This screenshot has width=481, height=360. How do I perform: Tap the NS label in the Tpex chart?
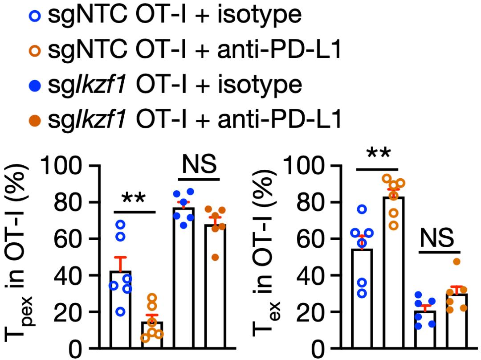(x=199, y=164)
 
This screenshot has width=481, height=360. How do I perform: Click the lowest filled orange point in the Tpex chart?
(x=216, y=257)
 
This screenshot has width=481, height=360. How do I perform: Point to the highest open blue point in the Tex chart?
(x=362, y=209)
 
